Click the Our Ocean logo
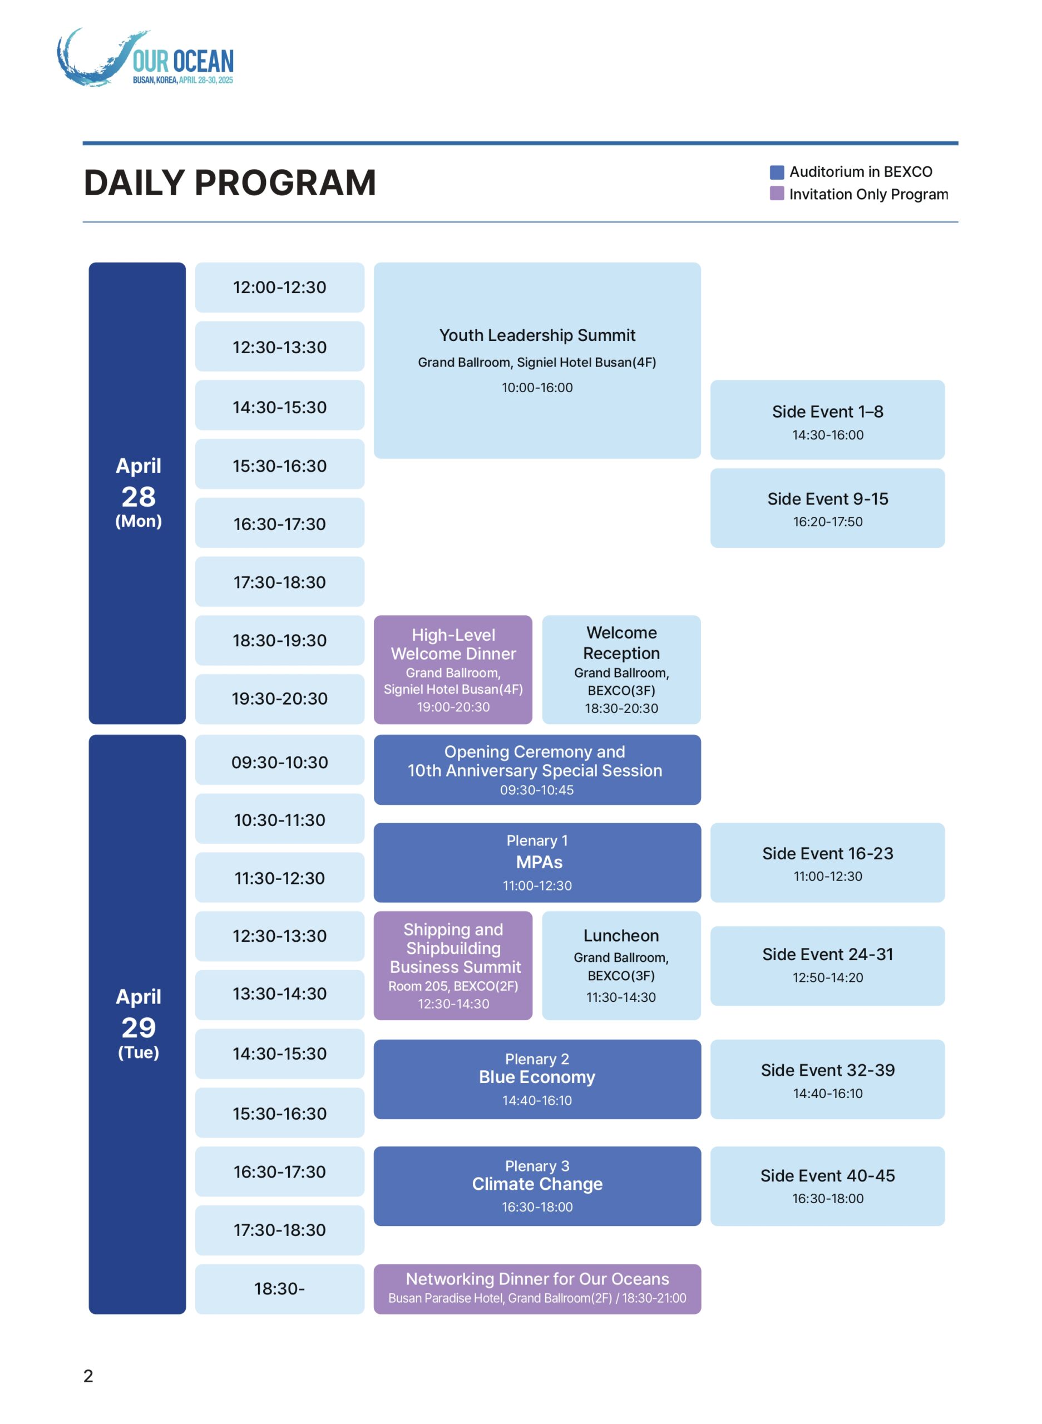click(145, 58)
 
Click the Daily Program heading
click(230, 183)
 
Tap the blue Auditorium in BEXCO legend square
click(777, 172)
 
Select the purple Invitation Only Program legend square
click(777, 194)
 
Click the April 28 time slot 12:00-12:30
click(279, 288)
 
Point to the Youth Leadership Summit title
click(537, 335)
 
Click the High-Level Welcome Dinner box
click(453, 670)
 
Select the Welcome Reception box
click(621, 670)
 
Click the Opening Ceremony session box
click(537, 770)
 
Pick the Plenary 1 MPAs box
click(537, 863)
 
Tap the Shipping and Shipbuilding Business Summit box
click(453, 966)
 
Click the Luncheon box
click(621, 966)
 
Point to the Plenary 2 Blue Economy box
click(537, 1080)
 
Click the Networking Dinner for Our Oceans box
click(537, 1289)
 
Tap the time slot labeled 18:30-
click(279, 1289)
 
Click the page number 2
click(88, 1376)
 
